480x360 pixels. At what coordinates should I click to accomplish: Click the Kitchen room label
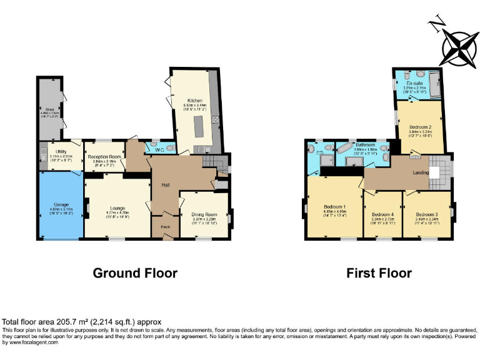pyautogui.click(x=194, y=99)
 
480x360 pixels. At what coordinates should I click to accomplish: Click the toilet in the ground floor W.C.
pyautogui.click(x=167, y=148)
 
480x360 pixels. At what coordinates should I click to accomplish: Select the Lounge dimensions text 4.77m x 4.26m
pyautogui.click(x=117, y=213)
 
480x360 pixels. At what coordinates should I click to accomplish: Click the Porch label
pyautogui.click(x=165, y=226)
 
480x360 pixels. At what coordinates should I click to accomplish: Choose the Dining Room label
pyautogui.click(x=204, y=214)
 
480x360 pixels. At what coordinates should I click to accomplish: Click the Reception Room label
pyautogui.click(x=104, y=156)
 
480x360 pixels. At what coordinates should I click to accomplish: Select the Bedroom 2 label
pyautogui.click(x=420, y=127)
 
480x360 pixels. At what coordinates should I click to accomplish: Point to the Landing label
pyautogui.click(x=411, y=173)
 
